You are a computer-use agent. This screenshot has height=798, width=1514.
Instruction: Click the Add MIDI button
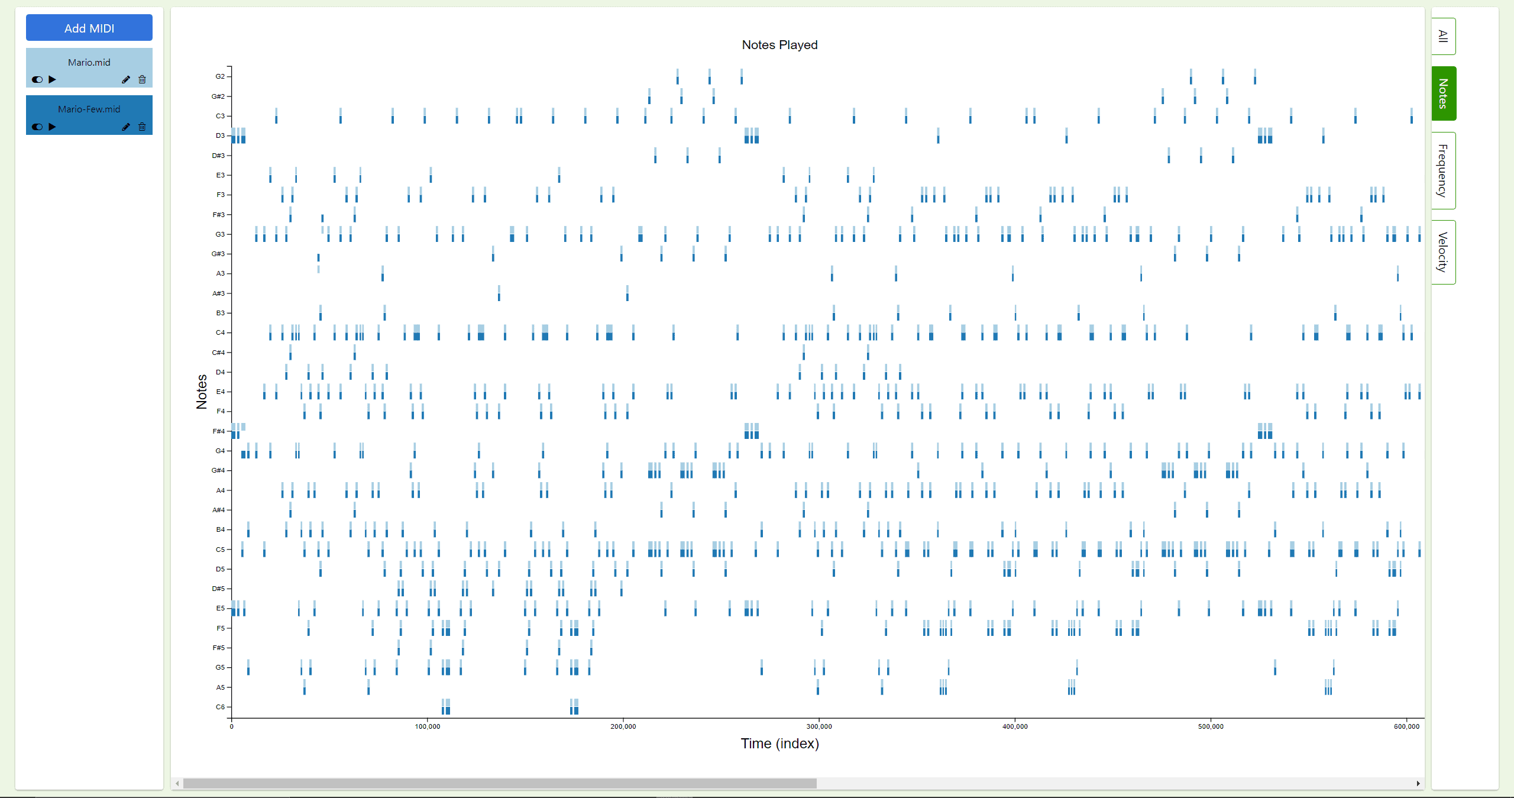(x=89, y=28)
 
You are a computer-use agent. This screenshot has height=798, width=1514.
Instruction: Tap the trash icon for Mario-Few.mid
(x=142, y=127)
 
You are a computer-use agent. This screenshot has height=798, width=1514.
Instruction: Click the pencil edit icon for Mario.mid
(x=126, y=79)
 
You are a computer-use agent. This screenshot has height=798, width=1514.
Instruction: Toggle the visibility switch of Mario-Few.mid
(x=37, y=127)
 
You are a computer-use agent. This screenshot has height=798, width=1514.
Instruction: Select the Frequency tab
(x=1443, y=170)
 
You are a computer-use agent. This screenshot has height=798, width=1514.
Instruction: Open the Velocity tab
(x=1443, y=252)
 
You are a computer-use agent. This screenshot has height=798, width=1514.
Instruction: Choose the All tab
(x=1443, y=36)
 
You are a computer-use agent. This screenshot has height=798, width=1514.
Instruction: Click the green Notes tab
(x=1443, y=93)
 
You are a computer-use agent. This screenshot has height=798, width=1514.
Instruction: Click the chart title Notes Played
(x=779, y=45)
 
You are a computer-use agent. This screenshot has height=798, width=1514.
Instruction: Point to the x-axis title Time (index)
(x=779, y=744)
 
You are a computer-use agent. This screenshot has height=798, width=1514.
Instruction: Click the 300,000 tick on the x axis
(x=819, y=726)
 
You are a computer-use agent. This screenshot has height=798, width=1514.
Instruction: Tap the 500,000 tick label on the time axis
(x=1211, y=726)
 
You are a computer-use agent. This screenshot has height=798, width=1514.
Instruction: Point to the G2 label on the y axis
(x=220, y=76)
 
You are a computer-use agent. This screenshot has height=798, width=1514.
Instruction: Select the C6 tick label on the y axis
(x=220, y=707)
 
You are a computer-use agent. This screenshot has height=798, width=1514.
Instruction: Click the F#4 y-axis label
(x=219, y=431)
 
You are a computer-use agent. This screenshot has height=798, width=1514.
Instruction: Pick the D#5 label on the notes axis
(x=219, y=589)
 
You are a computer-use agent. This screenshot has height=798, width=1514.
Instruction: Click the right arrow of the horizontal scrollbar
(x=1418, y=784)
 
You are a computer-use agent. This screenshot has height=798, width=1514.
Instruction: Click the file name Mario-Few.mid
(x=89, y=109)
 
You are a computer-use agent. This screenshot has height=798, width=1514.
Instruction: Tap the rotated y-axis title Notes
(x=202, y=392)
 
